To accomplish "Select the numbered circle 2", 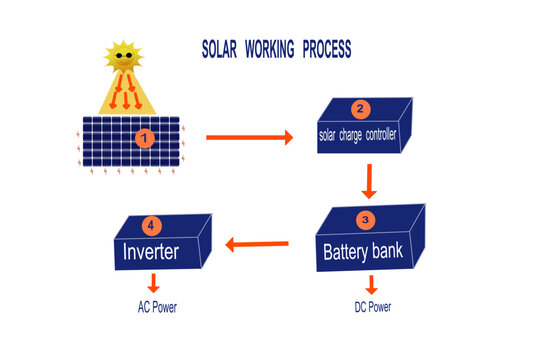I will (x=362, y=110).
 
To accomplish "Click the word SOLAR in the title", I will (x=222, y=47).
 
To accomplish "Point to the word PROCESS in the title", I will (x=323, y=47).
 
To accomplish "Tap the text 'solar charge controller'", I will (x=357, y=135).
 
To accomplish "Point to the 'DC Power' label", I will (x=372, y=307).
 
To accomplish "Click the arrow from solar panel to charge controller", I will (x=250, y=137).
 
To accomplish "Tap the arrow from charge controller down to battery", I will (x=368, y=183).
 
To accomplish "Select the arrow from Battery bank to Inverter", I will (x=258, y=242).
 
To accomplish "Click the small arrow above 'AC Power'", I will (x=155, y=285).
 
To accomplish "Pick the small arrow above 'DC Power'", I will (x=371, y=285).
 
